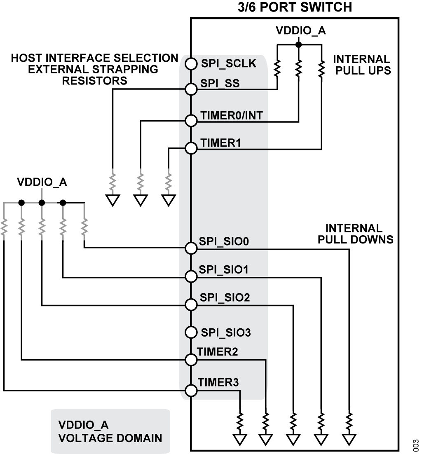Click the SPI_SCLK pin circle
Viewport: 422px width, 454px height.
(x=191, y=64)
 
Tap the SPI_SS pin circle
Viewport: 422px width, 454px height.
(x=191, y=89)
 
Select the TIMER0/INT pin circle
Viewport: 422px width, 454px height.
(x=191, y=121)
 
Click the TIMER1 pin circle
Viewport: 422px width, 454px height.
(x=191, y=148)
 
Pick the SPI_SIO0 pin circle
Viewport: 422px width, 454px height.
(x=191, y=248)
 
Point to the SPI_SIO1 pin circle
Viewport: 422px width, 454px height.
(x=191, y=276)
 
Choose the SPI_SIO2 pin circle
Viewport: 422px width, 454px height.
(x=191, y=304)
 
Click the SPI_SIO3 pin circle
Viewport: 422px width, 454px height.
(x=191, y=332)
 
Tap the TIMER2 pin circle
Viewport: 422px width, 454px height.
(x=191, y=360)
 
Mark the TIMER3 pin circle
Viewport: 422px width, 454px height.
(x=191, y=390)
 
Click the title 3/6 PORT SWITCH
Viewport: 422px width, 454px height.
(x=295, y=7)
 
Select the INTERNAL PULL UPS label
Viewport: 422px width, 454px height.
(x=362, y=65)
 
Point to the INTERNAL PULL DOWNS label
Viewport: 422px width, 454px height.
(x=355, y=234)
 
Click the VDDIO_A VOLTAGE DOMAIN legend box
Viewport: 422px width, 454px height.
(x=110, y=431)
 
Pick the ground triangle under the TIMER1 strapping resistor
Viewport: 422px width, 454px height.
(x=168, y=200)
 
